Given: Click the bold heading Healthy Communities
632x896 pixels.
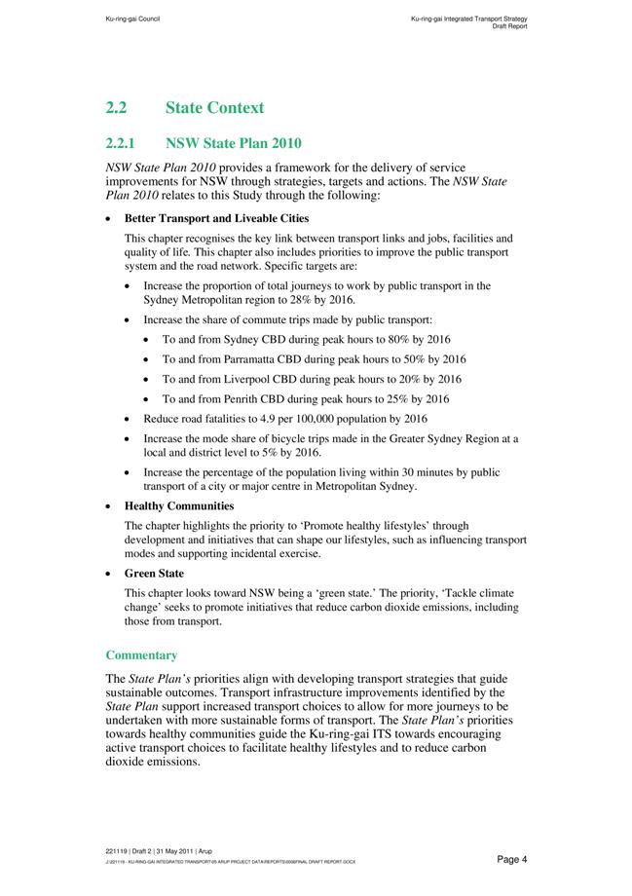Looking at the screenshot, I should (179, 506).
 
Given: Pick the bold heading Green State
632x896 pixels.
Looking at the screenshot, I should (154, 574).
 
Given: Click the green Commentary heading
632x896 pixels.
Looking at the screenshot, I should (141, 655).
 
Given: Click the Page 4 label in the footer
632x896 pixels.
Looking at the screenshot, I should (511, 859).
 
